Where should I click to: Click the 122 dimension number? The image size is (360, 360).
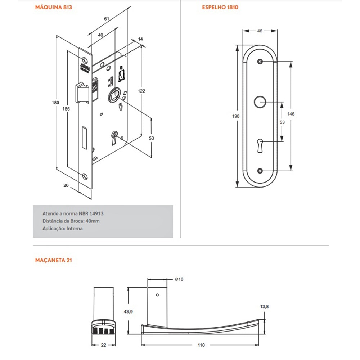[141, 91]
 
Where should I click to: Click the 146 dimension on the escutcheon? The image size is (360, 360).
[291, 114]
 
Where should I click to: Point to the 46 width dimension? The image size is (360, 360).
[260, 31]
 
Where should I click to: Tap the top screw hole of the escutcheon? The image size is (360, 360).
[260, 62]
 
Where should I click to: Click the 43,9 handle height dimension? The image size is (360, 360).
[129, 312]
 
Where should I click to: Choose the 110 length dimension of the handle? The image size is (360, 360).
[201, 345]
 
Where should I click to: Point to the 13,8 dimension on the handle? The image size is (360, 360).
[264, 306]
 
